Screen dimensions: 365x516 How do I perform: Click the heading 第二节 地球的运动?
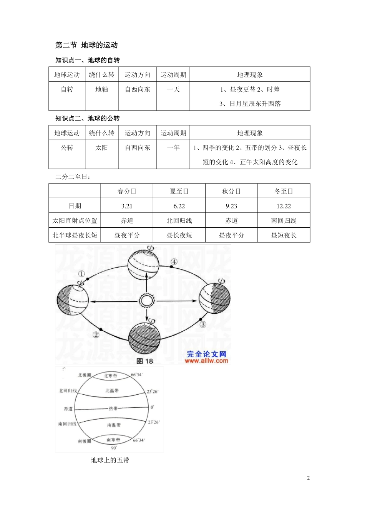click(x=86, y=45)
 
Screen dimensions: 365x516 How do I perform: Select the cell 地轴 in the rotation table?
click(x=101, y=89)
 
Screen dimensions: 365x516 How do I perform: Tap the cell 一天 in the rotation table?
click(x=173, y=89)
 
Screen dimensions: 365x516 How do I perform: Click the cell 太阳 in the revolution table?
click(x=101, y=148)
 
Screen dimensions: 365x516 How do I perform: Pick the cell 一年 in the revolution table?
click(x=173, y=148)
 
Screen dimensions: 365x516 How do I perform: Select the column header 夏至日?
click(x=179, y=191)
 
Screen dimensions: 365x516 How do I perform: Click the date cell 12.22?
click(x=284, y=206)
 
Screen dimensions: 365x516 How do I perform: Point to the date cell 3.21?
click(x=127, y=206)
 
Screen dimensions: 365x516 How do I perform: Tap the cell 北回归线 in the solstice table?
click(x=179, y=221)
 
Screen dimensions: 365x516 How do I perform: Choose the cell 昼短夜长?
click(x=284, y=235)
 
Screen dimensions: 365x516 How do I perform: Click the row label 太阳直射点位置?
click(x=75, y=221)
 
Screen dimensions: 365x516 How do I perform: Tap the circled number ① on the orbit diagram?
click(x=81, y=274)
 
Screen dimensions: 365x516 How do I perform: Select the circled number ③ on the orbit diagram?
click(x=202, y=324)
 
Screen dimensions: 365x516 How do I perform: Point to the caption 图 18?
click(x=145, y=361)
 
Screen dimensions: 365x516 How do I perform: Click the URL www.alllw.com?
click(x=206, y=361)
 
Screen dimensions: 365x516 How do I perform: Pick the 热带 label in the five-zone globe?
click(x=113, y=408)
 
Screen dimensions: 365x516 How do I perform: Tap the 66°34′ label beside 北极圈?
click(x=137, y=375)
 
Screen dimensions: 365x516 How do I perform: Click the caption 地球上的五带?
click(x=110, y=460)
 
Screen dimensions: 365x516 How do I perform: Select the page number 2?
click(x=308, y=478)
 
